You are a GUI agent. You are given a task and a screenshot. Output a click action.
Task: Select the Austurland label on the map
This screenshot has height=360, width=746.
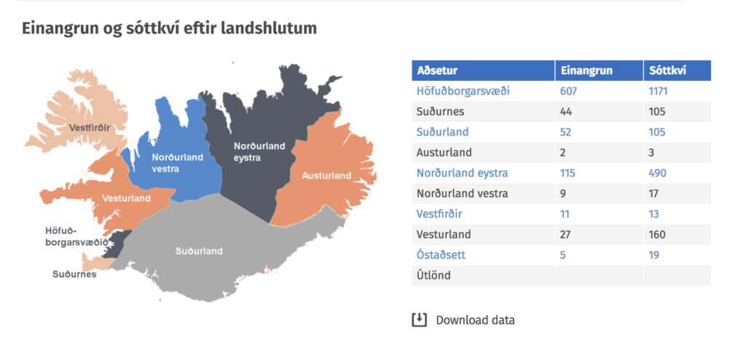coord(326,176)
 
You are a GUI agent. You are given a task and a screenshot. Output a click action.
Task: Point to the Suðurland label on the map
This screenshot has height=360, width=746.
coord(199,251)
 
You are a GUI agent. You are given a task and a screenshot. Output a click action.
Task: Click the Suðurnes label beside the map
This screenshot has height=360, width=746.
coord(74,274)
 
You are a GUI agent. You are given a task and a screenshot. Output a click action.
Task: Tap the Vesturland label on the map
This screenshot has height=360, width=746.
coord(127,198)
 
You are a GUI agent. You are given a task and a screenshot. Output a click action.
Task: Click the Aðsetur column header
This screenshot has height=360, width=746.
coord(437,71)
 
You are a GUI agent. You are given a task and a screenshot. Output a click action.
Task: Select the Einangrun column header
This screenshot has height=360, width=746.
coord(586,71)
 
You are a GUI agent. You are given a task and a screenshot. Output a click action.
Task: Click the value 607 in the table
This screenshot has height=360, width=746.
coord(568,91)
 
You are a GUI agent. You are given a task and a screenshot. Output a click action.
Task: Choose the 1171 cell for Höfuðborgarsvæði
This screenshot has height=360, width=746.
coord(658,91)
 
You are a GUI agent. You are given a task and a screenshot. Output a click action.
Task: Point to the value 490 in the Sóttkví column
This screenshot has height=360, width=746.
coord(658,173)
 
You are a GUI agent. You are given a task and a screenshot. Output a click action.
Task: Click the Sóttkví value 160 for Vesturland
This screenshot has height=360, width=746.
coord(657,234)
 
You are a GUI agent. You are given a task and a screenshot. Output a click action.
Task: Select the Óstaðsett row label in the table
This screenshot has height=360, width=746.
coord(441,255)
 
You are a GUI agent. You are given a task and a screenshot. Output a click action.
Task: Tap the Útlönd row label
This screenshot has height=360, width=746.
coord(433,275)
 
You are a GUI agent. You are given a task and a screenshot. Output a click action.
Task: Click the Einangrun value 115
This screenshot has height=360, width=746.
coord(568,173)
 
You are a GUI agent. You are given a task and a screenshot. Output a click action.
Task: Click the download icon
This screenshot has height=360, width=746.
coord(419,319)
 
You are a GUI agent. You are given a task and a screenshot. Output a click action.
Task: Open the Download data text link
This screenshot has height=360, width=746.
coord(475,320)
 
